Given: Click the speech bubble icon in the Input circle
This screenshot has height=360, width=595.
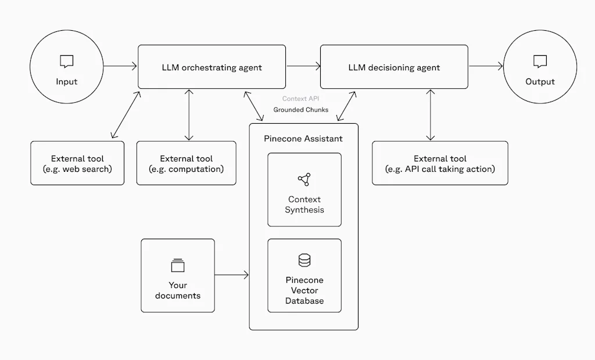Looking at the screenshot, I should coord(67,61).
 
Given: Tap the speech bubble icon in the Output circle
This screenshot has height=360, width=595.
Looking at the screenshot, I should coord(540,61).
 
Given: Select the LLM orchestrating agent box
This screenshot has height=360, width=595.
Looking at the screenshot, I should coord(212,67).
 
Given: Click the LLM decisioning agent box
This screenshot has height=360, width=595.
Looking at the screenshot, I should coord(394,67).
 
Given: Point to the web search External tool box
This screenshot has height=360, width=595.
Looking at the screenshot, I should coord(77,163).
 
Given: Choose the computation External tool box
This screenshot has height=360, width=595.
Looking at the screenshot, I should coord(186,163).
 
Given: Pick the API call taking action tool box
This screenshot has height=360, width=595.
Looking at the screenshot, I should coord(440,163).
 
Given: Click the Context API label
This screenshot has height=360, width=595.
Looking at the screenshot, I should coord(300,99).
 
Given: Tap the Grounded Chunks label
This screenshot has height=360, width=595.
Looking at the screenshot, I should coord(300,110).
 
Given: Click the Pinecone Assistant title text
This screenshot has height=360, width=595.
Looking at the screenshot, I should coord(303,139).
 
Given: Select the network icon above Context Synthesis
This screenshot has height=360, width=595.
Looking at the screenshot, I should coord(304,179).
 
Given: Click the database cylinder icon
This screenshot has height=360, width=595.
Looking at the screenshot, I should coord(304,261).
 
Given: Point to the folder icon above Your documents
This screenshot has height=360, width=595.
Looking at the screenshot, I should coord(178,266).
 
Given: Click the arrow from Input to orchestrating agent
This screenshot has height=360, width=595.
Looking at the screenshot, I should coord(120,66).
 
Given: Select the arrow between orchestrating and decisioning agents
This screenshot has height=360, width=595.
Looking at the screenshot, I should coord(303,66).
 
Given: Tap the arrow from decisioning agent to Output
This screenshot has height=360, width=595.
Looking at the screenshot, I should coord(486,66).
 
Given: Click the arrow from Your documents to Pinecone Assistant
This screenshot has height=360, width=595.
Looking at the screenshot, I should coord(232,275).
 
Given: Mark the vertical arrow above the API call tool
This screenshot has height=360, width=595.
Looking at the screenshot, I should coord(431,115).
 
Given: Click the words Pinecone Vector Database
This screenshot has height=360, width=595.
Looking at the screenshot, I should coord(304,290).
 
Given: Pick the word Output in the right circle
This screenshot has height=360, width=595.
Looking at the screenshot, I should coord(540,82).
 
